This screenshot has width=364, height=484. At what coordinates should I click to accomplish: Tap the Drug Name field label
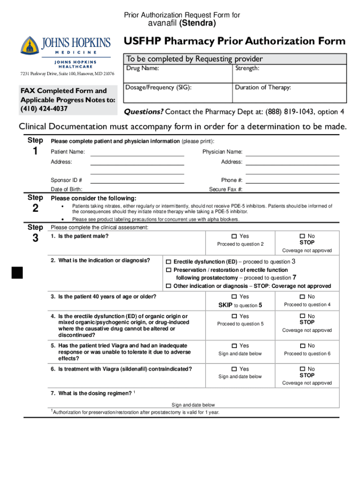click(142, 69)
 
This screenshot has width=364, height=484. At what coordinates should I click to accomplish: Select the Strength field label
click(247, 69)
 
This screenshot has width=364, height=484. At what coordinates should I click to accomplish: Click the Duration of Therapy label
click(262, 87)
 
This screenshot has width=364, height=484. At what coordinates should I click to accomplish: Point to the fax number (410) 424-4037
click(44, 109)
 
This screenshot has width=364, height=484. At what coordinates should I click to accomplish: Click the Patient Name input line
click(137, 153)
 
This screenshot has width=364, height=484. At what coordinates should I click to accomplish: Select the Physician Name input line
click(293, 153)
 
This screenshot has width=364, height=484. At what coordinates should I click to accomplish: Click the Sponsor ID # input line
click(137, 180)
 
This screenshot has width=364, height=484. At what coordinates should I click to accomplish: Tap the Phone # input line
click(293, 180)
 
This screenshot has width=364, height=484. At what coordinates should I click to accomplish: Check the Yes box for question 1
click(234, 236)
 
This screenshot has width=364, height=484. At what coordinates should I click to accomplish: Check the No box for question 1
click(302, 236)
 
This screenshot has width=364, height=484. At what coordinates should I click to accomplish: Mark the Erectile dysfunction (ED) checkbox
click(168, 262)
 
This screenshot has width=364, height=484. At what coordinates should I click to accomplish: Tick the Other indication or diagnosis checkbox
click(168, 286)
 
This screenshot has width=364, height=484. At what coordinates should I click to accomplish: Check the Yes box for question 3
click(234, 297)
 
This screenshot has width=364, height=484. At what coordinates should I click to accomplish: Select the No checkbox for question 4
click(302, 316)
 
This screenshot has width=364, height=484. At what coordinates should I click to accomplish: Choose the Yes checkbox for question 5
click(234, 346)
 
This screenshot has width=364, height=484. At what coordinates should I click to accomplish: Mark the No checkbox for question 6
click(302, 369)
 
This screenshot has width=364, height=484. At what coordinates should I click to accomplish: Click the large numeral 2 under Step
click(35, 208)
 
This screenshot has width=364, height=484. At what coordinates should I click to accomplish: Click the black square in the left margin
click(17, 273)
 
